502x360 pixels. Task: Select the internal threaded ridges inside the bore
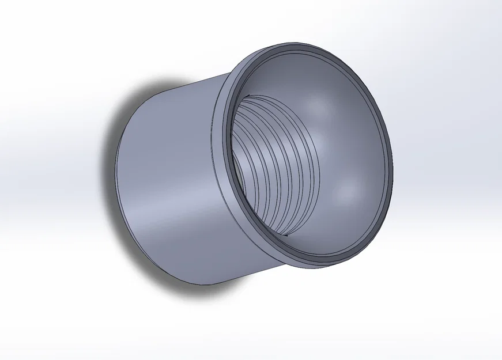coord(271,167)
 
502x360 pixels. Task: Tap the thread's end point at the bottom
coord(286,235)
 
